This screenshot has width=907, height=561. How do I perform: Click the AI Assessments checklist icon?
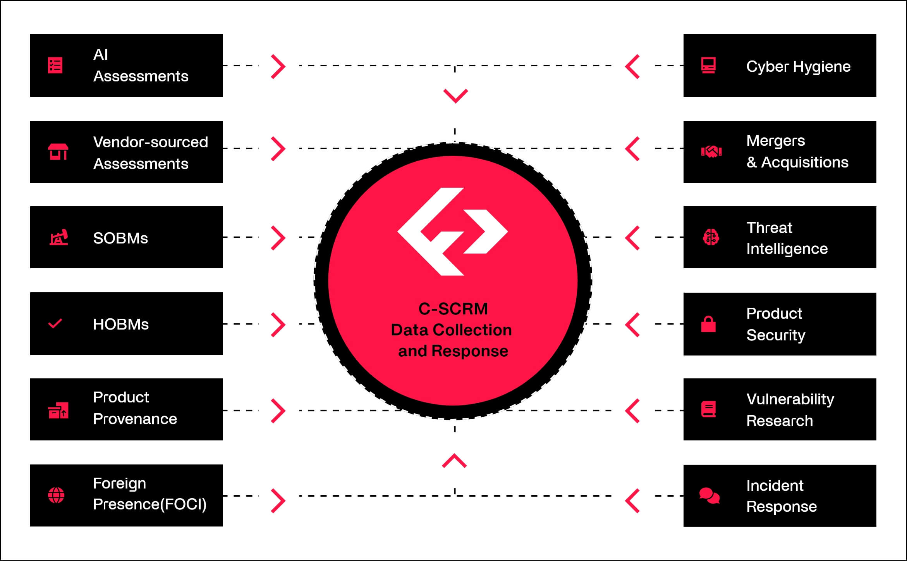(55, 66)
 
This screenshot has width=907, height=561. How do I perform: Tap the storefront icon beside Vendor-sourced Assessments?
(58, 152)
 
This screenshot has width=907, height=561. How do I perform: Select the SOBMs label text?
(120, 238)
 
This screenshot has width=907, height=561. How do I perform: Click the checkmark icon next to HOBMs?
(55, 323)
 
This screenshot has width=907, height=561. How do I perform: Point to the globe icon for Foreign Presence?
(56, 495)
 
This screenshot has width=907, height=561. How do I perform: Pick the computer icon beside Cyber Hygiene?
(708, 66)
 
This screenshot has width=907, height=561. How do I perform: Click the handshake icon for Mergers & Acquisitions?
(711, 152)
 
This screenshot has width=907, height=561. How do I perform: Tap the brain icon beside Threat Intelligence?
(711, 237)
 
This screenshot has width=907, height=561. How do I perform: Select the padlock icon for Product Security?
(708, 324)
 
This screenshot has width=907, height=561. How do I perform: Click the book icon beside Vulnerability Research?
(708, 409)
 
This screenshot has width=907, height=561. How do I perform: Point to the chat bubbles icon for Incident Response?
(709, 495)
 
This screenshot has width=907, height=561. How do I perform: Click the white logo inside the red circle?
(452, 231)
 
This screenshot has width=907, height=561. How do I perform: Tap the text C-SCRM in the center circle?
(453, 309)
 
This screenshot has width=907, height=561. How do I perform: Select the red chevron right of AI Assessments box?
(278, 67)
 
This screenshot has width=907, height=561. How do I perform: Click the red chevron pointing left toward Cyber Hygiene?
(632, 67)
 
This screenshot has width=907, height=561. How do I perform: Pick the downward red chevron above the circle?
(455, 96)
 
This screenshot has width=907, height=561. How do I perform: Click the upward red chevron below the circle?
(455, 461)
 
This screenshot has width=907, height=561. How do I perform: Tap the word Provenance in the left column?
(135, 419)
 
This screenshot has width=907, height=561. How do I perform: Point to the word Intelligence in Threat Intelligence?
(787, 249)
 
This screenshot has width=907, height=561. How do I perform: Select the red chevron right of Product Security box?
(632, 325)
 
